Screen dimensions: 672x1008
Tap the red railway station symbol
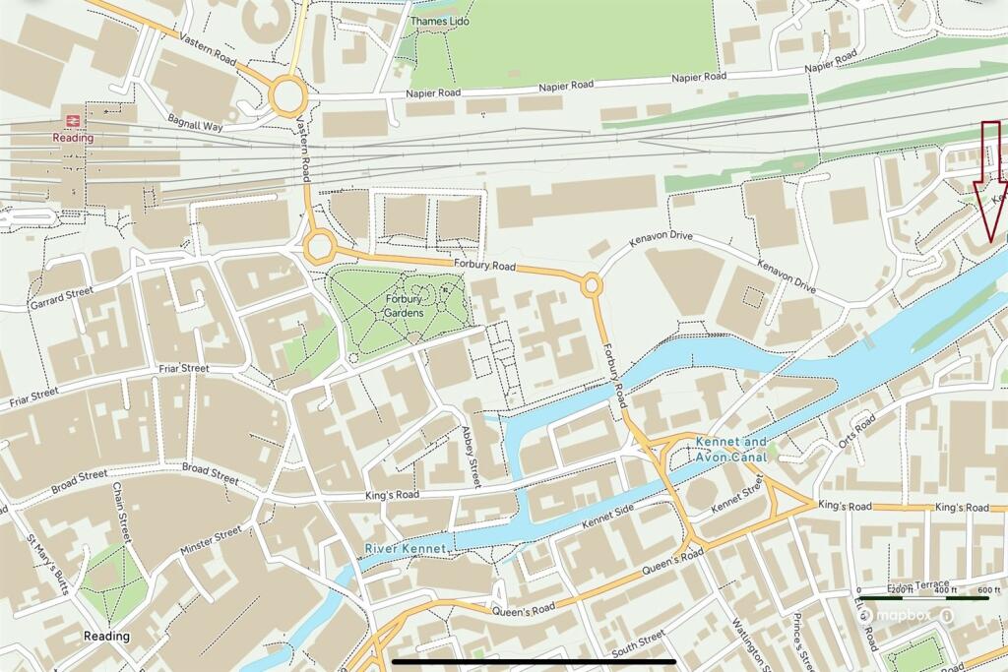tap(73, 120)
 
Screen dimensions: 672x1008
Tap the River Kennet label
tap(407, 547)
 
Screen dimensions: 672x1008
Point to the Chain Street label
tap(121, 512)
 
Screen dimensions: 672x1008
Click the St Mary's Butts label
tap(47, 565)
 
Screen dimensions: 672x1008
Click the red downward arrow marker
tap(989, 182)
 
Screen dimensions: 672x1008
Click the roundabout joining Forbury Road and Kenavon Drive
tap(592, 285)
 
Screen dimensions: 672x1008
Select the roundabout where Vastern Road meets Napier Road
tap(288, 96)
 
